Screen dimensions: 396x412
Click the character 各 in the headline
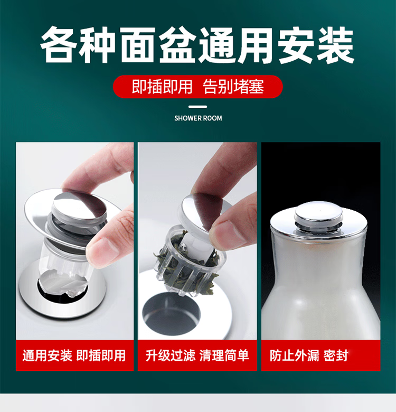tap(59, 45)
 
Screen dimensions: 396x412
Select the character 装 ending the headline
tap(335, 45)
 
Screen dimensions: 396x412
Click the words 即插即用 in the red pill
tap(162, 87)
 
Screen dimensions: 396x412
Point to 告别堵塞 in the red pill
tap(233, 87)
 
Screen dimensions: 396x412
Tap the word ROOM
tap(212, 118)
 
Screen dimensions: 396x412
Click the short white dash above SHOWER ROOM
tap(198, 107)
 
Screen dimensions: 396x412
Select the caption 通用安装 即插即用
tap(74, 355)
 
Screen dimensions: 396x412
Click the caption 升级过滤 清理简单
tap(197, 355)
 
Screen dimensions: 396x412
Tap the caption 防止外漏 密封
tap(309, 355)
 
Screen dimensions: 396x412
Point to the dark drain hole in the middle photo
tap(171, 311)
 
